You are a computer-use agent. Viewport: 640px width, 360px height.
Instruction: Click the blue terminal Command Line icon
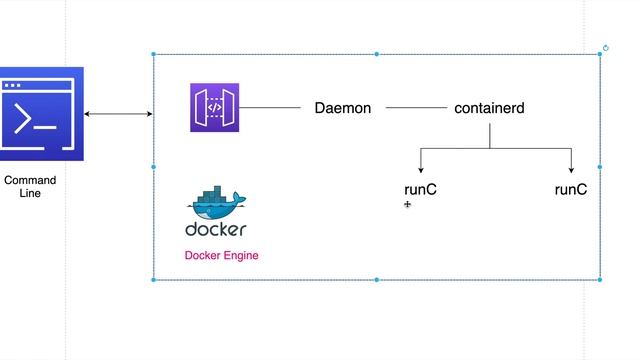point(41,114)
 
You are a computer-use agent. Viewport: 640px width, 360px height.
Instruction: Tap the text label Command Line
point(30,187)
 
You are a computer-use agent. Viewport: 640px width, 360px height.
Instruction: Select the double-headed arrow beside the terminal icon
point(118,115)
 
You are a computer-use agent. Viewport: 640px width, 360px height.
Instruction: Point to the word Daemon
point(342,108)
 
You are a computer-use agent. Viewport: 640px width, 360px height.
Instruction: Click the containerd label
point(489,108)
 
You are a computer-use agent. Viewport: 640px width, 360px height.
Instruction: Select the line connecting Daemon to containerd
point(416,108)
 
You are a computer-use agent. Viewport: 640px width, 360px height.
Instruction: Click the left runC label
point(420,189)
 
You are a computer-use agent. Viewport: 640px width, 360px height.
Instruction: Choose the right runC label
point(570,189)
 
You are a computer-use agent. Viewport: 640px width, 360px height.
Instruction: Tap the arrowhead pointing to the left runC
point(420,171)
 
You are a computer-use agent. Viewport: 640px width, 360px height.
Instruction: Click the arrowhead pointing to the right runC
point(570,171)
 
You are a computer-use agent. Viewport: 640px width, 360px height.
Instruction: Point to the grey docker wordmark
point(215,230)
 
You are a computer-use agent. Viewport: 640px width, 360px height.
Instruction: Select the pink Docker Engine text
point(221,256)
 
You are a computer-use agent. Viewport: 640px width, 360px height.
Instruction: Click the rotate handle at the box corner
point(606,47)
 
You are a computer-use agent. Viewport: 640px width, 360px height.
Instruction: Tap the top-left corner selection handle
point(153,54)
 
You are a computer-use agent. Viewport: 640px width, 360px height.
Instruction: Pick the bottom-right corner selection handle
point(600,280)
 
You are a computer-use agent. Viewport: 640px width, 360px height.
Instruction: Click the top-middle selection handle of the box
point(377,54)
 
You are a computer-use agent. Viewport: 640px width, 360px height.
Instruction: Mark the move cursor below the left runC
point(408,205)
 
